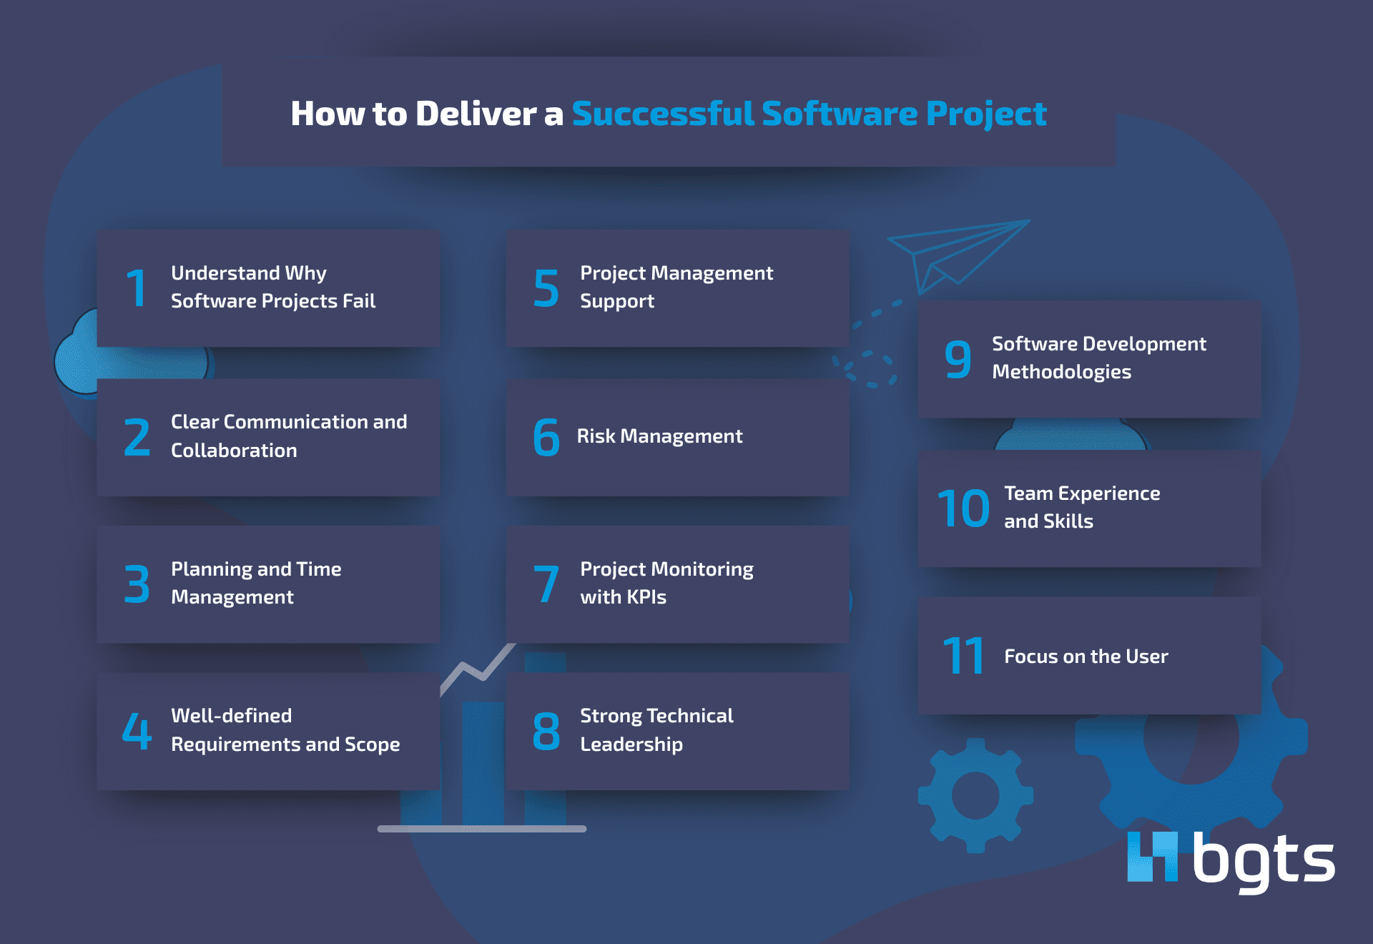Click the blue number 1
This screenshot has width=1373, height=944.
pos(136,288)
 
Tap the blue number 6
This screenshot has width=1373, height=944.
pos(546,437)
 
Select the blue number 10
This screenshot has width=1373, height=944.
pos(963,508)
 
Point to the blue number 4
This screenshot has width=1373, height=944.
pos(137,731)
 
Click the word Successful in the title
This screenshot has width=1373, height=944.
pos(663,114)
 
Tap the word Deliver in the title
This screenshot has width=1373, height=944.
pos(476,114)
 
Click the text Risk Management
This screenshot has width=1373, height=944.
pos(659,436)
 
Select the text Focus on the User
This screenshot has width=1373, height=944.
pos(1086,657)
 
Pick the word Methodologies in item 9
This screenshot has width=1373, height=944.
pos(1061,372)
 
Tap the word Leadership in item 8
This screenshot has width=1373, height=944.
pos(631,744)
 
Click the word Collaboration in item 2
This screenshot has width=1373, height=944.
pos(234,451)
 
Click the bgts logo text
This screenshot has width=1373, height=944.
pos(1263,859)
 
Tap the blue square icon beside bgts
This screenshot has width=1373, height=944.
pos(1152,856)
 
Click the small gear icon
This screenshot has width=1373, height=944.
pos(975,795)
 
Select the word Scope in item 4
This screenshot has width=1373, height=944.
pos(372,744)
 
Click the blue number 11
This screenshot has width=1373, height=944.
pos(963,657)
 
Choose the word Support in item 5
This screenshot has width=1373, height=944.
pos(617,302)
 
